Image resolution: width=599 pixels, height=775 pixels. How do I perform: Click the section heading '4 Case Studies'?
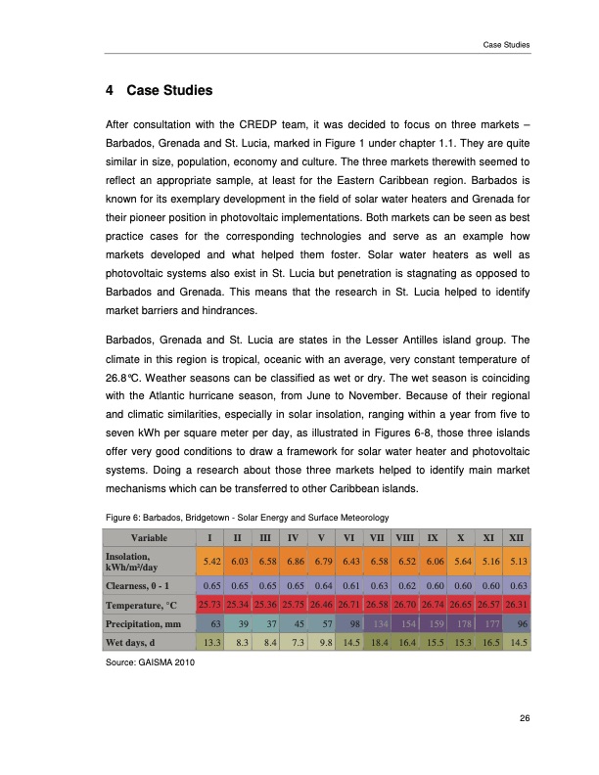pos(158,92)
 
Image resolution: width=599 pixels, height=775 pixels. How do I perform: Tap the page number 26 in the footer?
pos(526,719)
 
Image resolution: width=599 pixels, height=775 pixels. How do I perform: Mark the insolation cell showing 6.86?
pos(293,562)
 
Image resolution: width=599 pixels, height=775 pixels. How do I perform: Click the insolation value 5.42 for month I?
pos(207,562)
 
